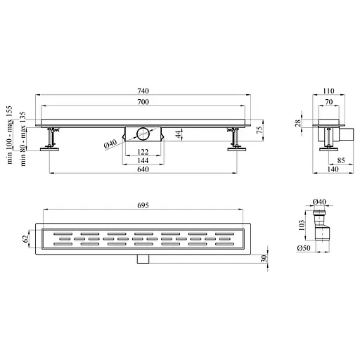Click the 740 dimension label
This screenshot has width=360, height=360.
click(x=143, y=91)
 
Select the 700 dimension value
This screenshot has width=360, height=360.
click(x=143, y=102)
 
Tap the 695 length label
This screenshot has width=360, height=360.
click(x=143, y=205)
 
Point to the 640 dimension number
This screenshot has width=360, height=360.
click(x=143, y=169)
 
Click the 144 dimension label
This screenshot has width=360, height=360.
click(x=143, y=160)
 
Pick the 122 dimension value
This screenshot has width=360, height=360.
click(x=143, y=152)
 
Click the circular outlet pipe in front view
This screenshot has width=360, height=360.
click(x=143, y=134)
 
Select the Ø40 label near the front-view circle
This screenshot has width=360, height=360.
click(x=110, y=143)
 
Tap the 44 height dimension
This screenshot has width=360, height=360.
click(x=179, y=134)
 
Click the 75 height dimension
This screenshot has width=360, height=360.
click(x=259, y=130)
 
